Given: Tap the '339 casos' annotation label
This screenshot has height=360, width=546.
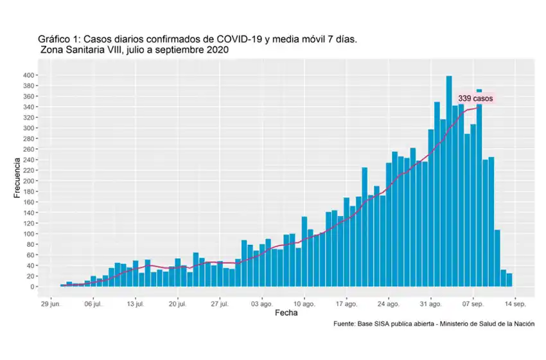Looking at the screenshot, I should pyautogui.click(x=475, y=99).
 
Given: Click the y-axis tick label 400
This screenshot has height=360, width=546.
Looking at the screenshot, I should pyautogui.click(x=30, y=75).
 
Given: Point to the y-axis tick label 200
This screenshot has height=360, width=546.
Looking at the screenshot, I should pyautogui.click(x=30, y=181).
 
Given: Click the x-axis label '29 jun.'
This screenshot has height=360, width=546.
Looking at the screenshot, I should pyautogui.click(x=51, y=303).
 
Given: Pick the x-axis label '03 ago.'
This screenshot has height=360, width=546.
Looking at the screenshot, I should pyautogui.click(x=262, y=303).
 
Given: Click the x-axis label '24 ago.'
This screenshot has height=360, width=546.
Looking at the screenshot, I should pyautogui.click(x=389, y=303).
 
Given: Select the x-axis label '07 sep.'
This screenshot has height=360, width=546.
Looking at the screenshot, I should pyautogui.click(x=473, y=303).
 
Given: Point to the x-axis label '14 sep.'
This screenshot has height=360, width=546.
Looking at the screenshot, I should pyautogui.click(x=515, y=303).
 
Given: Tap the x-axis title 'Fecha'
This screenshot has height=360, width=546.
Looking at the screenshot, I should pyautogui.click(x=286, y=314).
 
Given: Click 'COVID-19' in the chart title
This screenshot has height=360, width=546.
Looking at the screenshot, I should pyautogui.click(x=227, y=39).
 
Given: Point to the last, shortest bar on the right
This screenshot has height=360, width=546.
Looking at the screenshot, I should pyautogui.click(x=509, y=280).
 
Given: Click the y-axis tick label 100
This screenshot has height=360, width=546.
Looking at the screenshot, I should pyautogui.click(x=30, y=234).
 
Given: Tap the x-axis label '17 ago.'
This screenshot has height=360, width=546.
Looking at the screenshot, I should pyautogui.click(x=346, y=303).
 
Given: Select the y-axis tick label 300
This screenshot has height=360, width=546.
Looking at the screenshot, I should pyautogui.click(x=30, y=128).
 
